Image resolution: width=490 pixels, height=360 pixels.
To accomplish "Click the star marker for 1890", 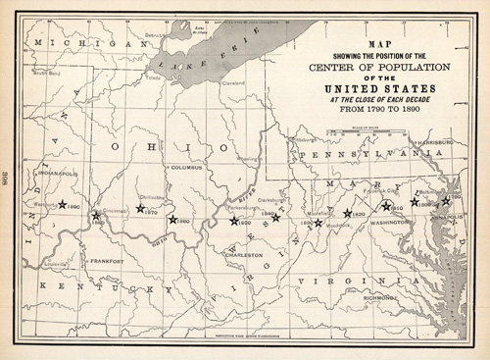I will (62, 205).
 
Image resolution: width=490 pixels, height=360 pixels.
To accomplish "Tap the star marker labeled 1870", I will (140, 208).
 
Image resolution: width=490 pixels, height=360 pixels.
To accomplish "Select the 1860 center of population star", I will (172, 220).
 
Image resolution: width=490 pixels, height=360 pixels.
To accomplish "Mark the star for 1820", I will (347, 213).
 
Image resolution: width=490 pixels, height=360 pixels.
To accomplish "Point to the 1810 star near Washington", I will (386, 206).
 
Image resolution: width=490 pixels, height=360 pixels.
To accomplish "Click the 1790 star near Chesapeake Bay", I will (446, 200).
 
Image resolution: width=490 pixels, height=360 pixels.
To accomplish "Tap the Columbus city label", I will (185, 168).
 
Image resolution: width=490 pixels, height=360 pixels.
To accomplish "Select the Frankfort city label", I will (106, 262).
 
